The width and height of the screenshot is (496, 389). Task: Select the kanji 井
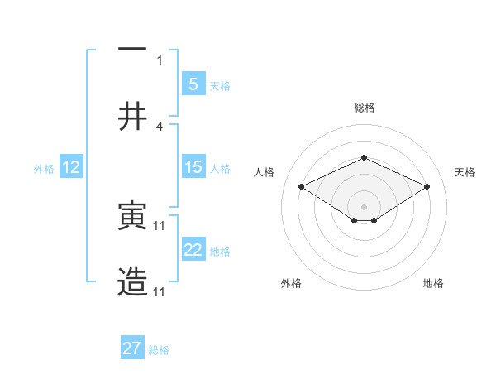pyautogui.click(x=132, y=116)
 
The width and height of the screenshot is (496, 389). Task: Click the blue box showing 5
pyautogui.click(x=193, y=84)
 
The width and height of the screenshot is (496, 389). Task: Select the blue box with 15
pyautogui.click(x=193, y=167)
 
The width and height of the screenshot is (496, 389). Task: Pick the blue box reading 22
pyautogui.click(x=193, y=250)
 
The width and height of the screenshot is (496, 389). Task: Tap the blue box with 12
pyautogui.click(x=70, y=167)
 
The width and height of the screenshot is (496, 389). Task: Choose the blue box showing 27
pyautogui.click(x=131, y=348)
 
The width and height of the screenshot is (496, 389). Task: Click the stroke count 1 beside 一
pyautogui.click(x=160, y=60)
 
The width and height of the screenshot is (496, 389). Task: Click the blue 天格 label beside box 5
pyautogui.click(x=219, y=85)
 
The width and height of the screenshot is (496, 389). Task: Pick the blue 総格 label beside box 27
pyautogui.click(x=159, y=349)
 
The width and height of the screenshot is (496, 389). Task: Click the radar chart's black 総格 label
pyautogui.click(x=364, y=108)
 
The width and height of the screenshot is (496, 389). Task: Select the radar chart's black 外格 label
pyautogui.click(x=291, y=283)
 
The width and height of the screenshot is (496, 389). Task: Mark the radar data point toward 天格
pyautogui.click(x=427, y=187)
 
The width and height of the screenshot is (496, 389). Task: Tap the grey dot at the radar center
pyautogui.click(x=364, y=206)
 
